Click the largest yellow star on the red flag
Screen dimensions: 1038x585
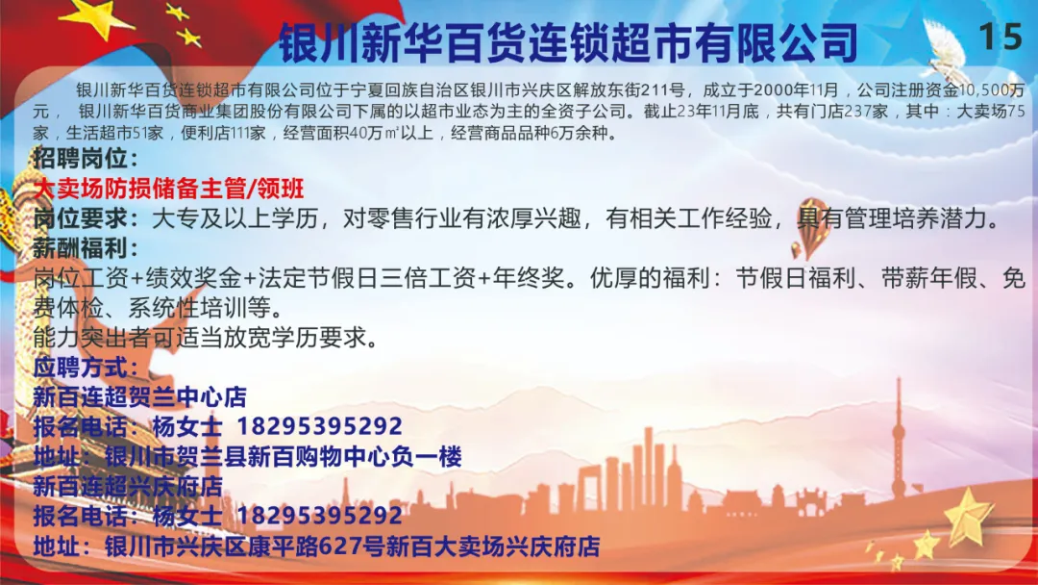(x=98, y=17)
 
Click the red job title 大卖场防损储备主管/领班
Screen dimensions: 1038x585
(x=169, y=189)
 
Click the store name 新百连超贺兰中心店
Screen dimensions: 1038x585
(x=139, y=396)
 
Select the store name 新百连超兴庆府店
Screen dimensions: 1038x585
(x=128, y=486)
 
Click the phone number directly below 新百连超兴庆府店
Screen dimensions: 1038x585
(x=320, y=516)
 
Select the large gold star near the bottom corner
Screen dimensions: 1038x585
(x=968, y=518)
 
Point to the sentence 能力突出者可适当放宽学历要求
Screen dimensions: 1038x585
(x=207, y=338)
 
